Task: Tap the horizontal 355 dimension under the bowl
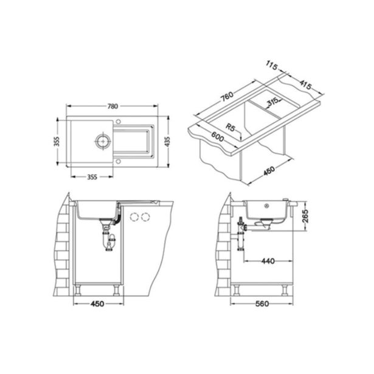point(89,177)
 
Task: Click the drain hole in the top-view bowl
point(100,140)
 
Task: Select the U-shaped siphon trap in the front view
point(111,243)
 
